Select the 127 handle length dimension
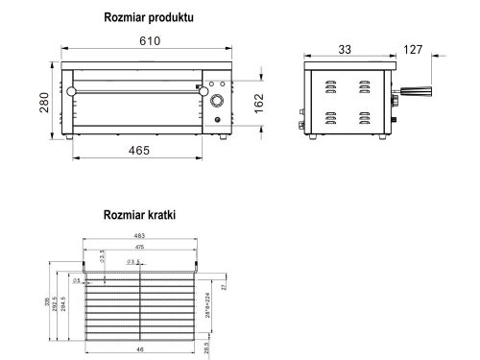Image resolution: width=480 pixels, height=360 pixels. (x=413, y=49)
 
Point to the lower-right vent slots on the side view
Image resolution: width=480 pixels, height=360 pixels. (x=365, y=121)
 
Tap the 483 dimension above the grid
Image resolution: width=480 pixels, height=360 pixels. (x=140, y=237)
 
